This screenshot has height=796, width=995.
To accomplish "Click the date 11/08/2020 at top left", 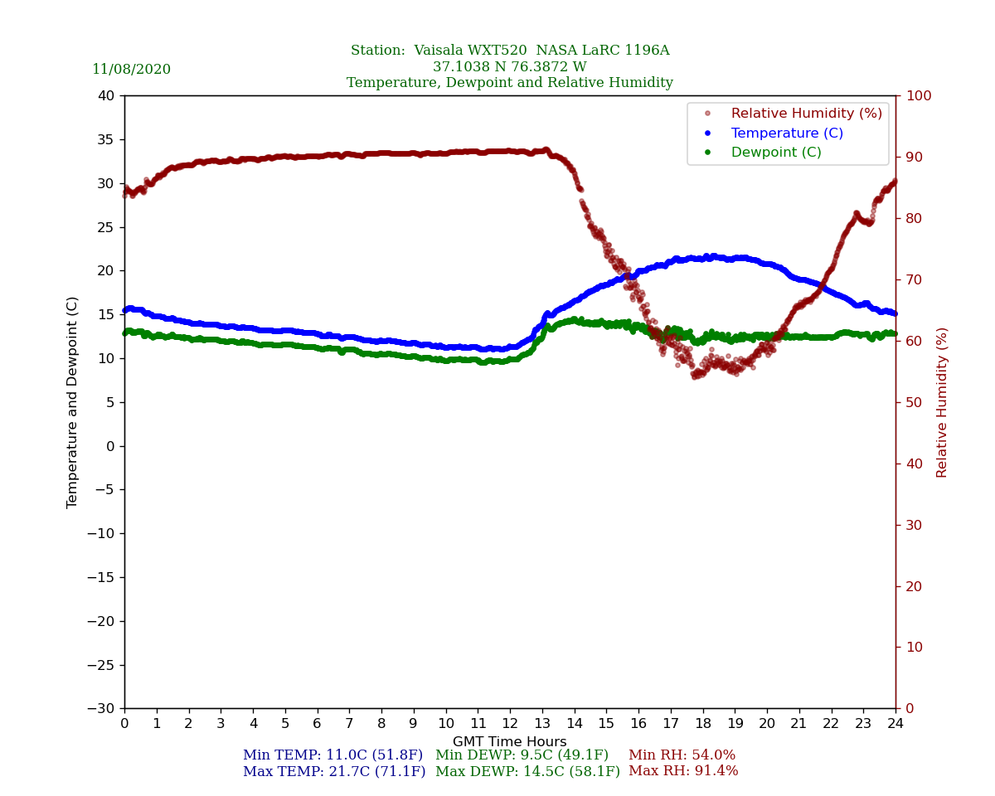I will click(131, 70).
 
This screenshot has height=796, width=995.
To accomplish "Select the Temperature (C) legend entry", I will click(787, 133).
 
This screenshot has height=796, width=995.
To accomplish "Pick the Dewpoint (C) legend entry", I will click(776, 153).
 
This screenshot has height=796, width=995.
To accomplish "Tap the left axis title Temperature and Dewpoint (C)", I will click(73, 402).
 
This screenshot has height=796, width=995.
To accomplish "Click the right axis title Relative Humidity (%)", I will click(942, 402).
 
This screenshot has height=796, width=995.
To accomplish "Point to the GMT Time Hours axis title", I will click(509, 742).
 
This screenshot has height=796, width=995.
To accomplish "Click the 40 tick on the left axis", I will click(106, 95).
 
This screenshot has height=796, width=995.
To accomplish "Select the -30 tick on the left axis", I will click(103, 708).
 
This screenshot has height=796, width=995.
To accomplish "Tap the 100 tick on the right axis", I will click(918, 95).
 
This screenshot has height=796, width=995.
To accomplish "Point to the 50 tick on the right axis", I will click(914, 402).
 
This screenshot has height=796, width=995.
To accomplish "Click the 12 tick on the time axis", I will click(509, 724).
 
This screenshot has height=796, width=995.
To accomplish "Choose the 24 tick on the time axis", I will click(895, 724).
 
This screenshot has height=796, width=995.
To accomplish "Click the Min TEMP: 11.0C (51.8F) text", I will click(332, 755).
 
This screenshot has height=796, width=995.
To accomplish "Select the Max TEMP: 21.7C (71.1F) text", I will click(334, 771).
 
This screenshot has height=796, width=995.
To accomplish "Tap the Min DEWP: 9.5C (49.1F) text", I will click(522, 755).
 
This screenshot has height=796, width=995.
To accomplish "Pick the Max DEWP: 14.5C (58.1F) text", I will click(527, 771).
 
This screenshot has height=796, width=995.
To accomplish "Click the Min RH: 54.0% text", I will click(682, 755).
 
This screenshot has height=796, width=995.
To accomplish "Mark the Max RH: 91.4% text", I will click(683, 771).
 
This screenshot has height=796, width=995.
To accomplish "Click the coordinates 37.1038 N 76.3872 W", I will click(509, 67).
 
